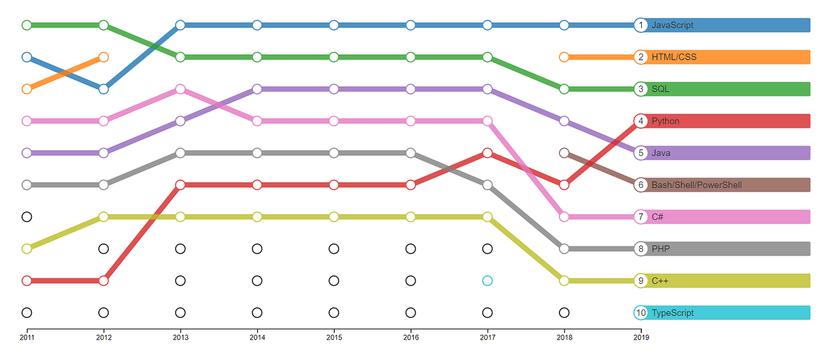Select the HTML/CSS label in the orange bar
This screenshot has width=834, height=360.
click(674, 57)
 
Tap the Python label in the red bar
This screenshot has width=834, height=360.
click(665, 121)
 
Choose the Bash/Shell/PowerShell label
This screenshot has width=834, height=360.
click(696, 185)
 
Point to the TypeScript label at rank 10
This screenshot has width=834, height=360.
click(672, 313)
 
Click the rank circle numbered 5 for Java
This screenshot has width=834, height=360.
click(641, 153)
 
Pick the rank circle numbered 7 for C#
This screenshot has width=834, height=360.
click(641, 217)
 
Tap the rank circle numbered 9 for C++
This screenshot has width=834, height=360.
click(641, 281)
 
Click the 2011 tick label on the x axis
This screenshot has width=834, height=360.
click(26, 337)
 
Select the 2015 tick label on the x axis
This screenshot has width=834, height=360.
click(334, 337)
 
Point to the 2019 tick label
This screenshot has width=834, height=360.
click(641, 337)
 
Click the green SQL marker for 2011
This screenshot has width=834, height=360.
click(26, 25)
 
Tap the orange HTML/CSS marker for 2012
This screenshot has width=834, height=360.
click(103, 57)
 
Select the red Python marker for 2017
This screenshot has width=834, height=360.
click(487, 153)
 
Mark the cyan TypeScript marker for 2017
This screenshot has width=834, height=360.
click(487, 281)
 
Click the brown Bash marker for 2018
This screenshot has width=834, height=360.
click(564, 153)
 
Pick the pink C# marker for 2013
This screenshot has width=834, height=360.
click(180, 89)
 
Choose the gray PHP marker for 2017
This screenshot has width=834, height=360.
click(487, 185)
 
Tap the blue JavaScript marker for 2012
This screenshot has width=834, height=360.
click(103, 89)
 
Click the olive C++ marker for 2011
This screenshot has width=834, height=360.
click(26, 249)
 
